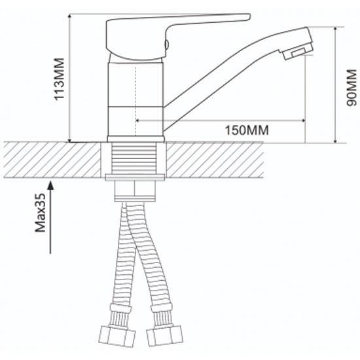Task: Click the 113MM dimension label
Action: point(59,79)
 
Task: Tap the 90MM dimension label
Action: point(351,88)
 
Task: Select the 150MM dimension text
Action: point(247,130)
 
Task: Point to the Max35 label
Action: point(41,213)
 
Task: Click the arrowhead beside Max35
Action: point(50,185)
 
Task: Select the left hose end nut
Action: point(117,337)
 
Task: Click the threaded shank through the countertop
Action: point(134,158)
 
